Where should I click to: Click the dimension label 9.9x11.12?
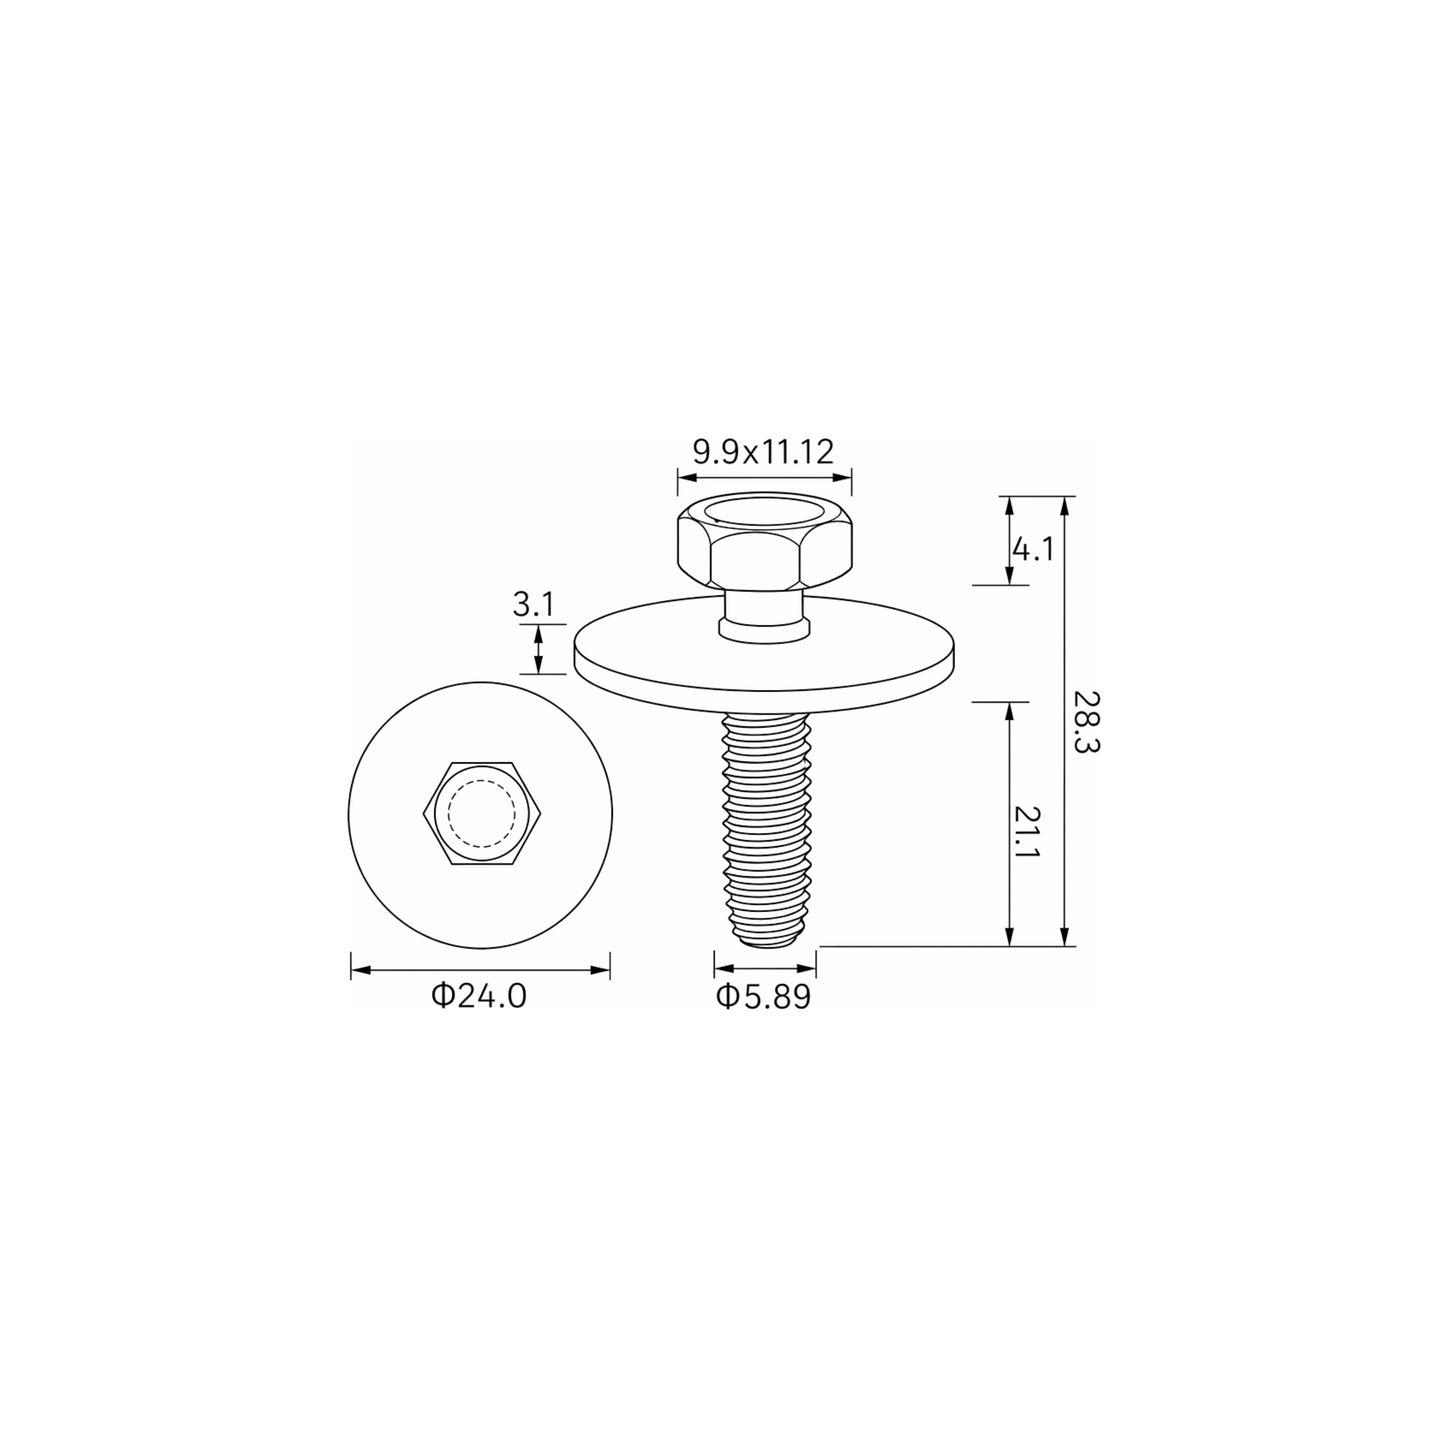tap(763, 452)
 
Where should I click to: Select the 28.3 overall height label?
tap(1086, 722)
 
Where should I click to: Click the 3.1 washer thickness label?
tap(533, 604)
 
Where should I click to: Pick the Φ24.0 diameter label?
tap(479, 996)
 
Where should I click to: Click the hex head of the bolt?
tap(765, 540)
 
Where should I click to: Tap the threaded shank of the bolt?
tap(765, 828)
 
